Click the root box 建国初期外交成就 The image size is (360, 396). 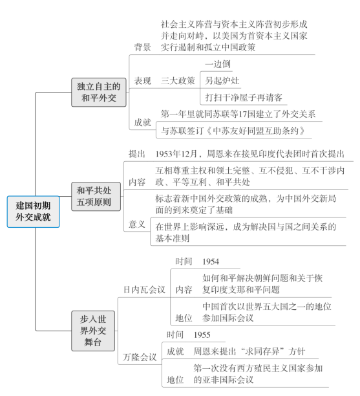(x=34, y=212)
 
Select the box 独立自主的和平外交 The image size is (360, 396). (x=99, y=92)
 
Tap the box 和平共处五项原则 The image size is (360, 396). (x=96, y=196)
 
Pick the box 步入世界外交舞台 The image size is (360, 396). (x=93, y=331)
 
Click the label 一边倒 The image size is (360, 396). (x=218, y=64)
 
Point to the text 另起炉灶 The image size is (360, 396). (x=222, y=81)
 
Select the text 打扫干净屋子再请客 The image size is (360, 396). (x=244, y=98)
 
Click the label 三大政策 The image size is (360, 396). (x=178, y=81)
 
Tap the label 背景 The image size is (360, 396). (x=142, y=47)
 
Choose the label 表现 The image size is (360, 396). (x=142, y=81)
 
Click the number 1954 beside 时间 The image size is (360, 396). (x=211, y=261)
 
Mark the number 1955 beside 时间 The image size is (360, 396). (x=202, y=335)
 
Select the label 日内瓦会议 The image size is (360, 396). (x=144, y=290)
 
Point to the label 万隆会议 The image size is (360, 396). (x=140, y=357)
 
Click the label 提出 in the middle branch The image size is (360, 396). (x=137, y=154)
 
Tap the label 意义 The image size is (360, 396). (x=137, y=224)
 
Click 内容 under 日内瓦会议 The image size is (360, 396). (x=184, y=290)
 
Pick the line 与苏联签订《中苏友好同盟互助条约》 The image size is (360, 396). (x=233, y=131)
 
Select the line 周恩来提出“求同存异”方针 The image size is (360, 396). (x=249, y=351)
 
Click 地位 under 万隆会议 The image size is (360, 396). (x=175, y=380)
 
